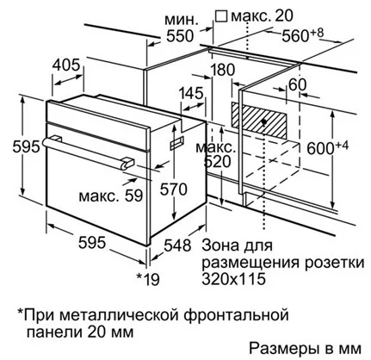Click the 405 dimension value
pyautogui.click(x=65, y=65)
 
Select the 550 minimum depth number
pyautogui.click(x=180, y=36)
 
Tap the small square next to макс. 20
pyautogui.click(x=221, y=16)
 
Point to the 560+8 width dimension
pyautogui.click(x=302, y=35)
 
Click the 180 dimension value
pyautogui.click(x=223, y=70)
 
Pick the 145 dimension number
pyautogui.click(x=191, y=94)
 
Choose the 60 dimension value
pyautogui.click(x=298, y=84)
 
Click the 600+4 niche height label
pyautogui.click(x=328, y=147)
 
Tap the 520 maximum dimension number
pyautogui.click(x=217, y=162)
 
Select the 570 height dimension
pyautogui.click(x=174, y=189)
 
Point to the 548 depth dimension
pyautogui.click(x=177, y=245)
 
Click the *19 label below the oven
pyautogui.click(x=148, y=279)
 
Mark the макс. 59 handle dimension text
pyautogui.click(x=111, y=196)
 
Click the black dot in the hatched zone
pyautogui.click(x=263, y=121)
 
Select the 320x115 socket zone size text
pyautogui.click(x=233, y=278)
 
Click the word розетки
pyautogui.click(x=335, y=263)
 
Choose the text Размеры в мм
pyautogui.click(x=306, y=349)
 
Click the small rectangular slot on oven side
pyautogui.click(x=176, y=143)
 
